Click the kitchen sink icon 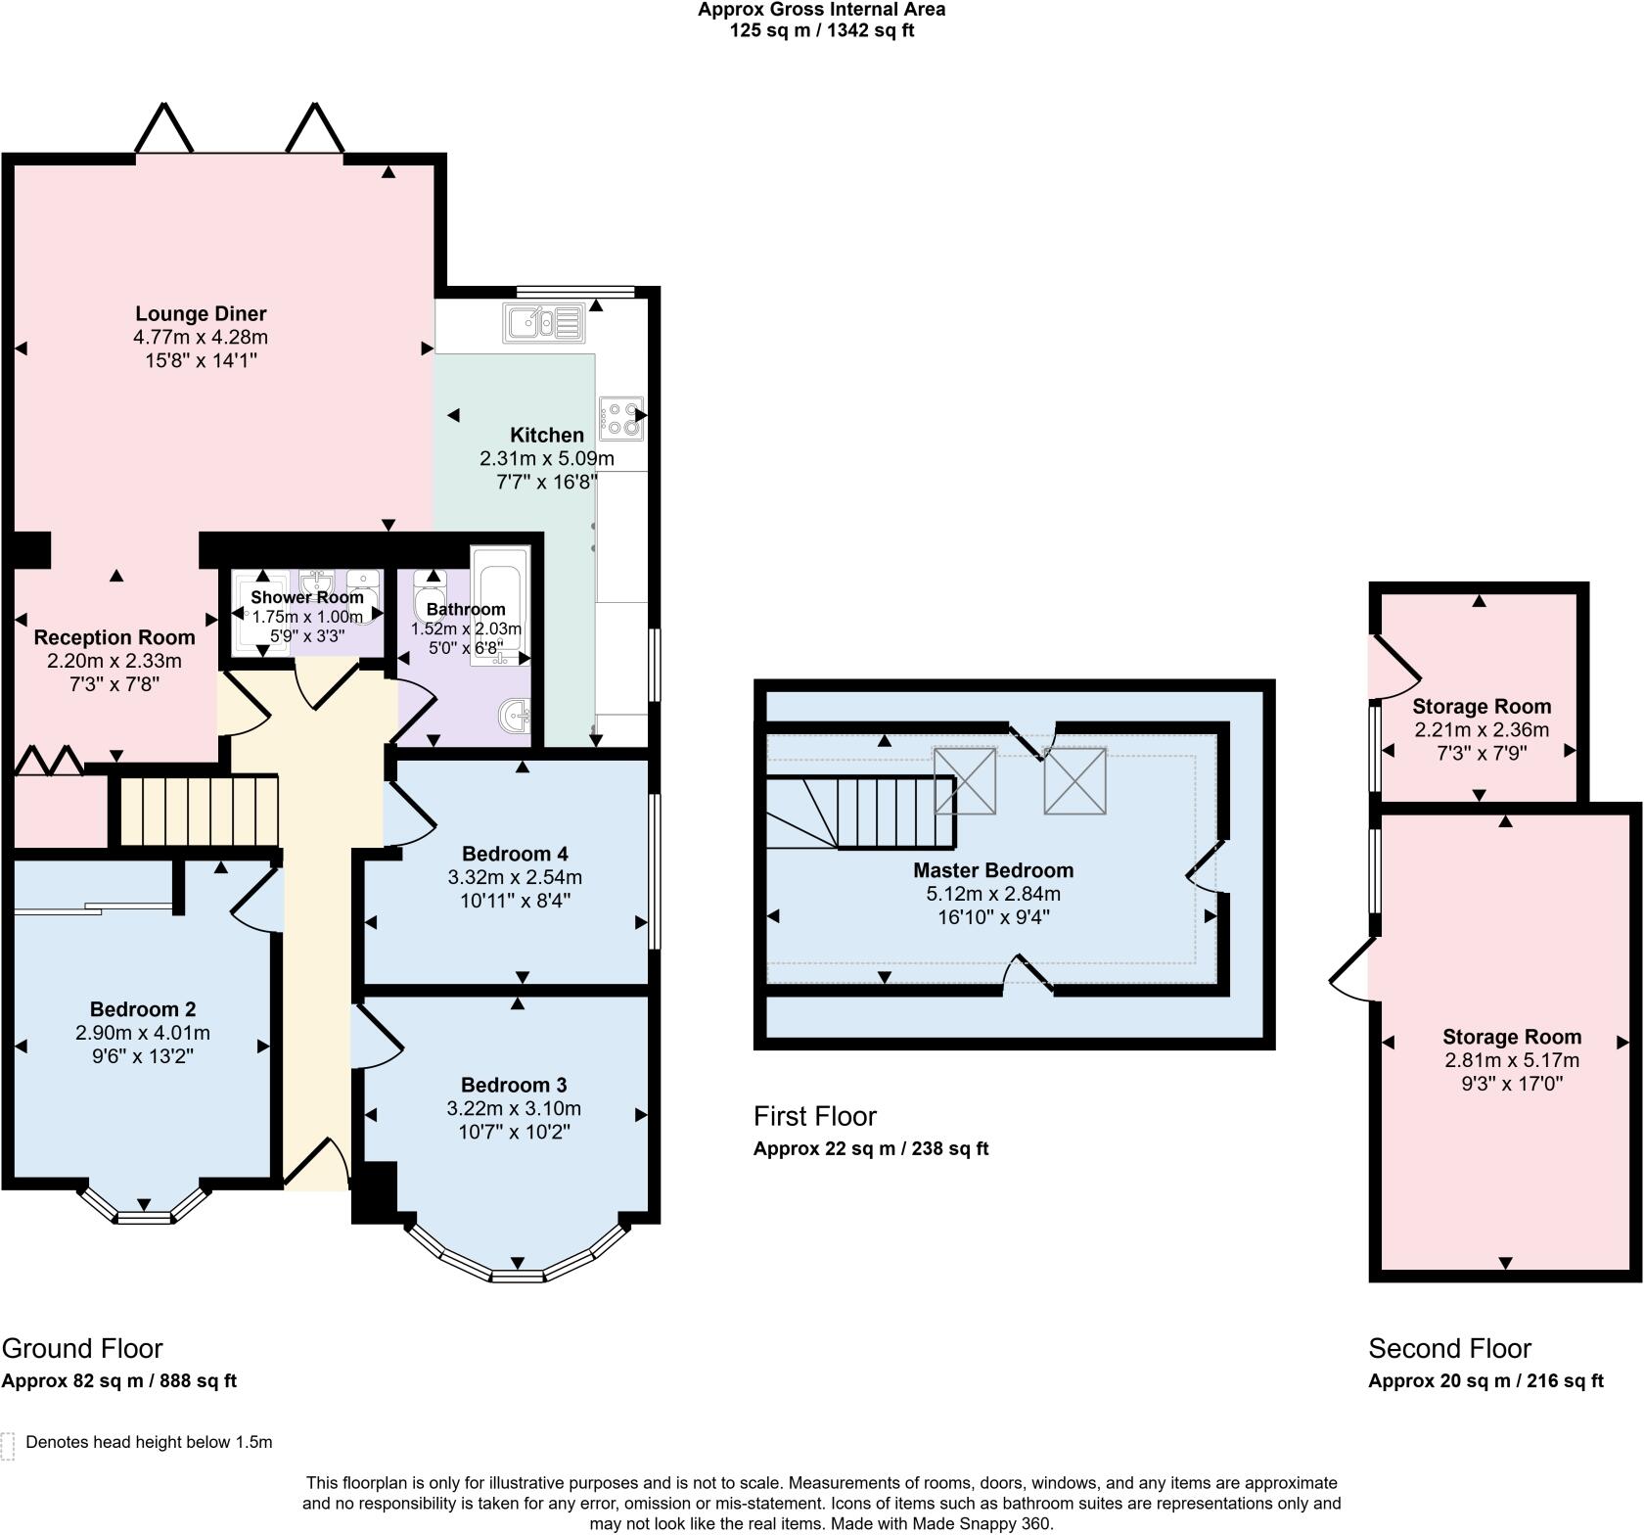point(544,322)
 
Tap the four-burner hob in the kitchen point(622,418)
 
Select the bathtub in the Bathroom point(500,607)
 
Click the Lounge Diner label point(201,314)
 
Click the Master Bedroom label point(993,870)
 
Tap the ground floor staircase point(199,810)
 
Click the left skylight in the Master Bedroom point(965,780)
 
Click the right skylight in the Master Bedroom point(1074,780)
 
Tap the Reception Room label point(114,637)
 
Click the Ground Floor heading point(82,1348)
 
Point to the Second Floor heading point(1449,1348)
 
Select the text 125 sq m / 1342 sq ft point(822,30)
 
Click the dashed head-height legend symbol point(8,1446)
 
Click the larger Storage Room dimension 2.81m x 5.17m point(1512,1060)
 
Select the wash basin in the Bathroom point(513,716)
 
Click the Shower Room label point(307,597)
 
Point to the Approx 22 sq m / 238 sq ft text point(871,1148)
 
